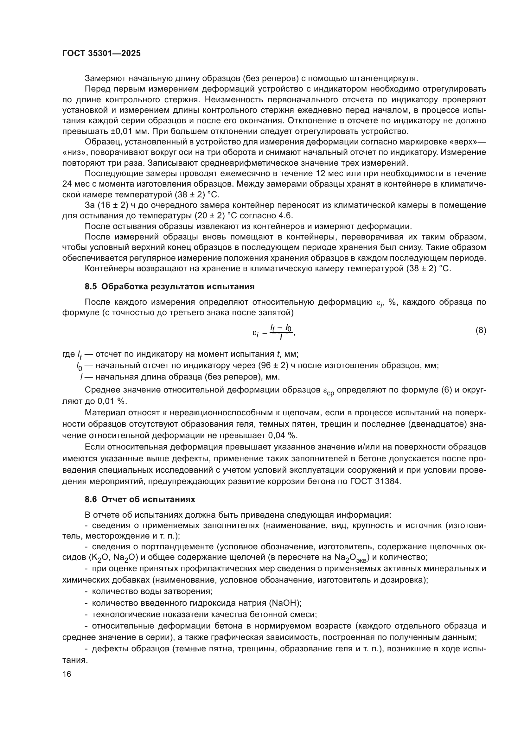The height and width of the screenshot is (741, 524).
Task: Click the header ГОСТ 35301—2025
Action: pos(102,54)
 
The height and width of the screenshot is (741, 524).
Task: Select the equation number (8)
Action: pos(481,330)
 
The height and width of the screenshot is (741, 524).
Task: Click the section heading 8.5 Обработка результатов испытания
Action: pos(170,286)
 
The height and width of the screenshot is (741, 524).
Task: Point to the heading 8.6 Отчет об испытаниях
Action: pos(140,499)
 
